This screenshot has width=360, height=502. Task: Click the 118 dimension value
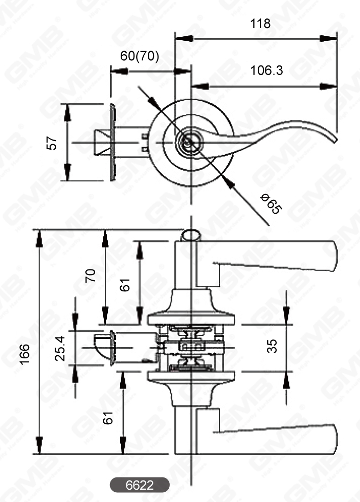tap(260, 24)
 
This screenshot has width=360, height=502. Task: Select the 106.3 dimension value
tap(266, 71)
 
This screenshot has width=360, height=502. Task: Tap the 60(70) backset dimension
tap(139, 56)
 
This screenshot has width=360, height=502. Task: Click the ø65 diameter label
tap(271, 203)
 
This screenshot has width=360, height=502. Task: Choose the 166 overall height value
tap(24, 355)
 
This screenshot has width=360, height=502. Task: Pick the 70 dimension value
tap(91, 276)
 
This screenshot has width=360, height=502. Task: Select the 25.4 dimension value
tap(61, 348)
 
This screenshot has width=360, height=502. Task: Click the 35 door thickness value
tap(273, 346)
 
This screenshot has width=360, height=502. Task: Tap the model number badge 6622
tap(140, 485)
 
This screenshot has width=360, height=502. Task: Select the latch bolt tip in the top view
tap(101, 142)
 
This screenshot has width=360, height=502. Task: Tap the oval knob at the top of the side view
tap(191, 235)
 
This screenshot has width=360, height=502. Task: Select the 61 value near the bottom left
tap(108, 419)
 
